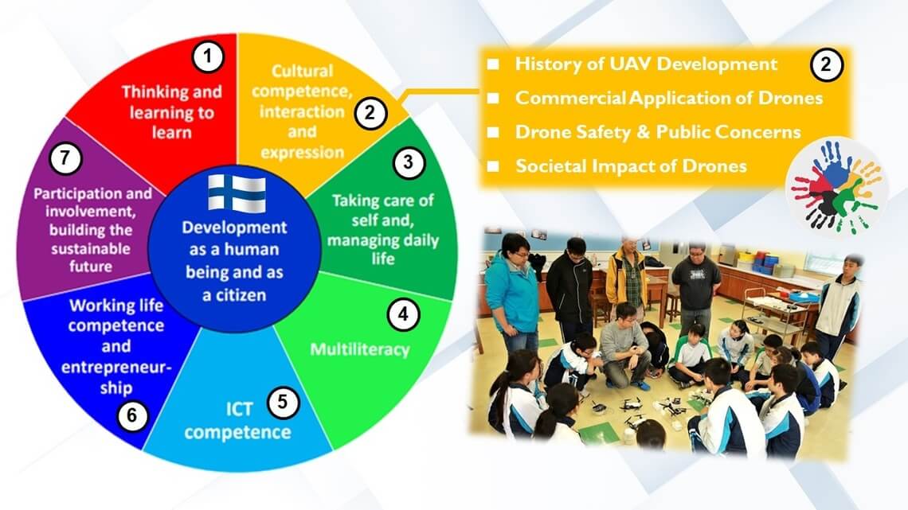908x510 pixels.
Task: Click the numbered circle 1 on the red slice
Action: point(208,56)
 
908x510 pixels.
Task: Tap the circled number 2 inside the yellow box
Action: point(826,64)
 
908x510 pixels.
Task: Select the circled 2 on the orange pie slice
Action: point(370,112)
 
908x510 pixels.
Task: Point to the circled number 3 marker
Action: point(409,162)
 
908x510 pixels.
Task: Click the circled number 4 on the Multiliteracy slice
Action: point(403,314)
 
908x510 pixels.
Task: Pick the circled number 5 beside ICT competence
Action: point(283,401)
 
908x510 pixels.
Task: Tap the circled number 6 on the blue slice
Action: point(132,415)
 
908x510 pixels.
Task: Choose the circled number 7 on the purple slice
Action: point(65,158)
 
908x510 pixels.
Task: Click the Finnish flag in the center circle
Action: point(237,193)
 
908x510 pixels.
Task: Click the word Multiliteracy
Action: point(359,349)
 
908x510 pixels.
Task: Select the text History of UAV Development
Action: point(646,64)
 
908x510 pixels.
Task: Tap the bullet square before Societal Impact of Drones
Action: point(493,166)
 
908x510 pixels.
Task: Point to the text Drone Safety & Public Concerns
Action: point(658,132)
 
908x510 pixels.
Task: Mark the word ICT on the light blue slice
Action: point(239,410)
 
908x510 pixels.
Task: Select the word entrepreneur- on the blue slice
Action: point(116,367)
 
